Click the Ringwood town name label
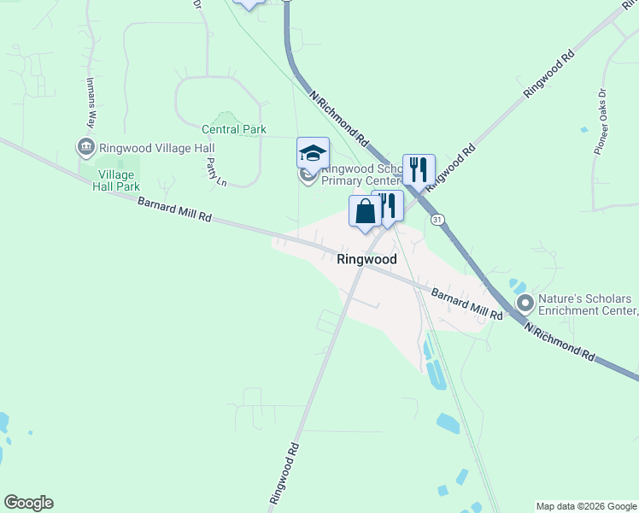click(366, 258)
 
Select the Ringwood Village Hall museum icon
click(86, 147)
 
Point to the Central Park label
click(234, 130)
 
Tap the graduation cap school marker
click(313, 154)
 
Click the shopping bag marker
click(365, 211)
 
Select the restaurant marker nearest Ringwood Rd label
click(419, 169)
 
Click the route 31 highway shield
click(438, 220)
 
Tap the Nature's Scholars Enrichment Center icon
click(525, 303)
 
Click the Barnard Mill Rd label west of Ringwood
click(174, 209)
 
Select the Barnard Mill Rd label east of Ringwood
click(466, 304)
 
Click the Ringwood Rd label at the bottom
click(284, 472)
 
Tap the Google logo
click(28, 503)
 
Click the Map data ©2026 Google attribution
click(586, 506)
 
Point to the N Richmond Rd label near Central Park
click(340, 119)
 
